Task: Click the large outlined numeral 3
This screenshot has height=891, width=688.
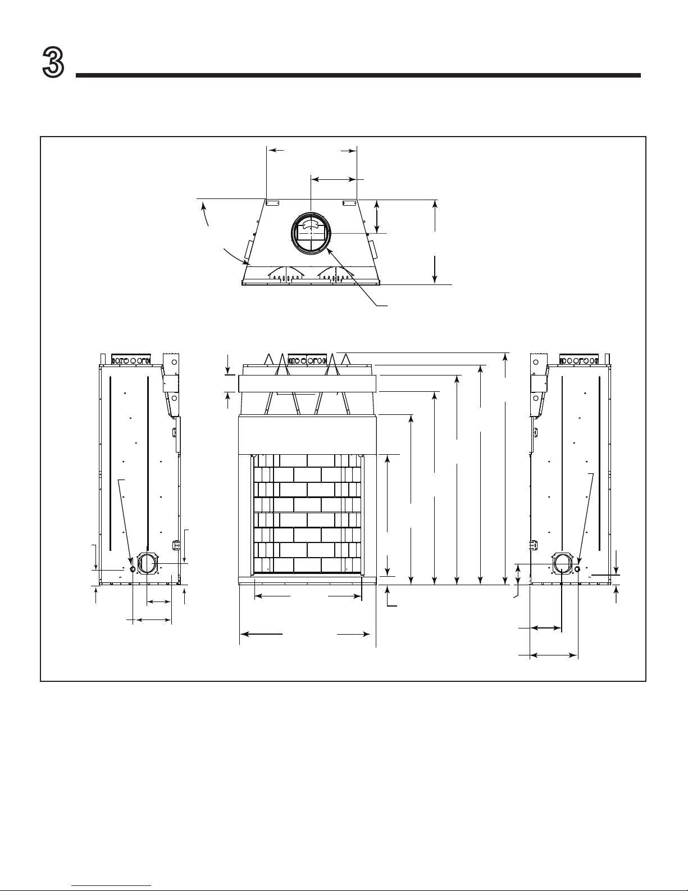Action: coord(53,62)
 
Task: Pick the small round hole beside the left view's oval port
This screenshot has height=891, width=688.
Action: coord(133,569)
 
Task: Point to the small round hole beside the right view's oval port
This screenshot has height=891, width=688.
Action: coord(577,569)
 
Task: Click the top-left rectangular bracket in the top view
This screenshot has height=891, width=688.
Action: coord(272,203)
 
